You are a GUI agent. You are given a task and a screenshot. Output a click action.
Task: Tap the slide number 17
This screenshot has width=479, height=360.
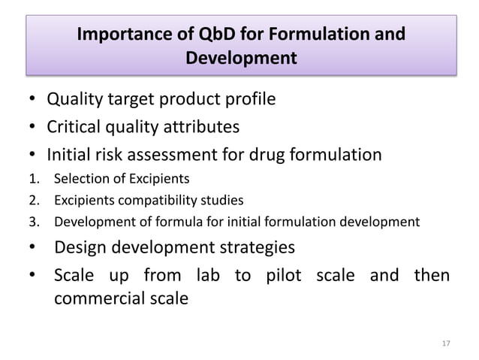click(446, 343)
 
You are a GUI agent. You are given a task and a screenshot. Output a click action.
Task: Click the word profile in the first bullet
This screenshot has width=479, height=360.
click(249, 98)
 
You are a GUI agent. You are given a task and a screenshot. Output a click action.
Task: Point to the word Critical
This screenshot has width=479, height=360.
click(75, 127)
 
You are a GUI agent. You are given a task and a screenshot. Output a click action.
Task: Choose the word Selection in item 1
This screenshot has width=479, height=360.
click(76, 179)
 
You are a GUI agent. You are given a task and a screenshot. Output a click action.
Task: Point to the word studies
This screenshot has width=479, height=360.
click(223, 200)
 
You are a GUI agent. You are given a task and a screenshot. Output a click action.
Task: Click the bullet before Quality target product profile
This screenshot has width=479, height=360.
click(29, 99)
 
